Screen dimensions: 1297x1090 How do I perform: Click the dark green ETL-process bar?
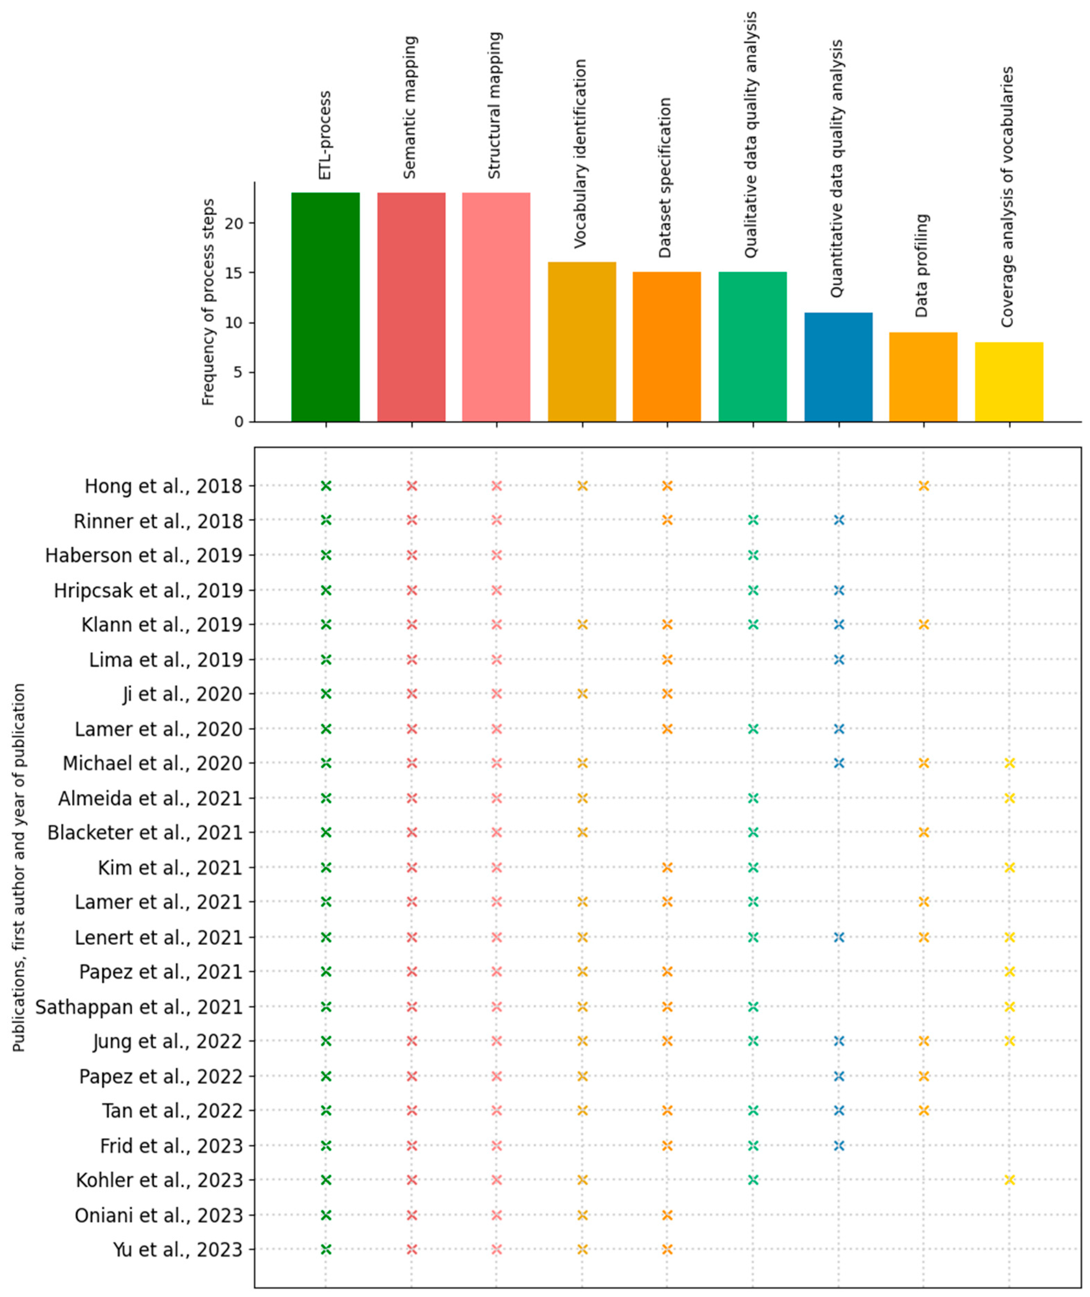(326, 307)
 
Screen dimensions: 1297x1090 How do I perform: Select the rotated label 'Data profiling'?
(922, 266)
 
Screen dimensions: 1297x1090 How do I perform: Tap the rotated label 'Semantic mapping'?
(410, 108)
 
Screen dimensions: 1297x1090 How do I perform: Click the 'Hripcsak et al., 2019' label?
(148, 591)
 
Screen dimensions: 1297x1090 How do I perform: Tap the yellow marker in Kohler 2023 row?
(1009, 1180)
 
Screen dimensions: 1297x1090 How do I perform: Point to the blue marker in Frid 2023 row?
(839, 1146)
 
